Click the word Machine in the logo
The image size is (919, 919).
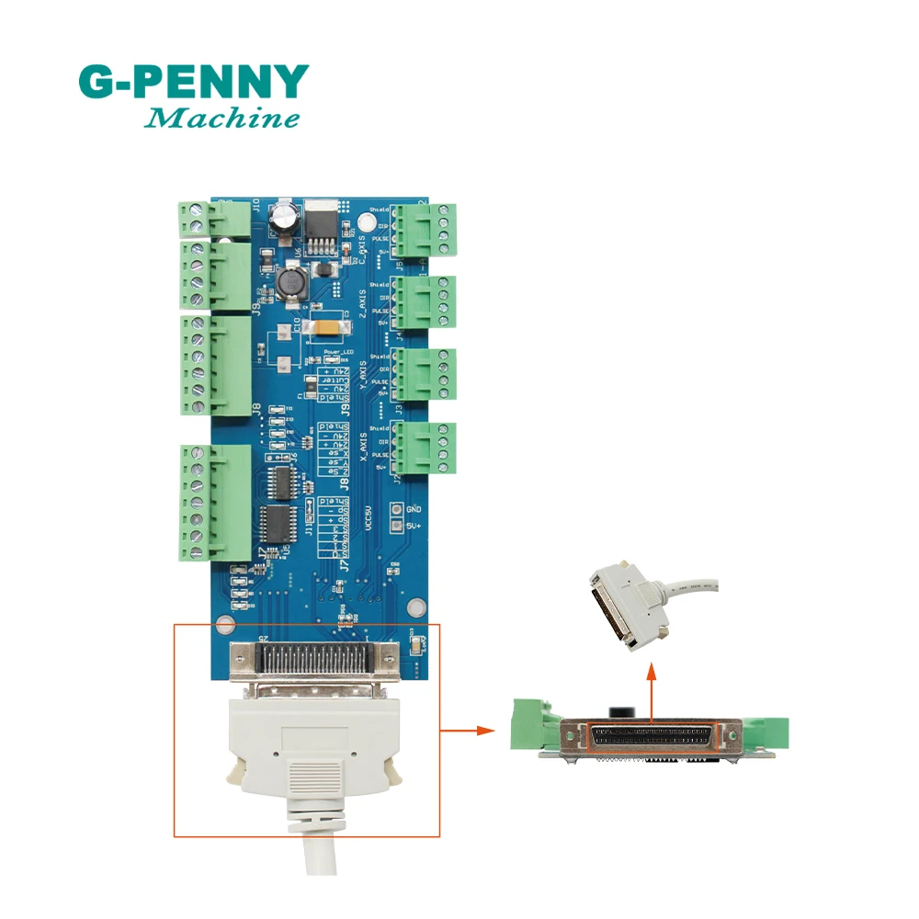coord(223,119)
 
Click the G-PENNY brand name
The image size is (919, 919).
coord(193,83)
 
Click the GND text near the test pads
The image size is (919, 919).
coord(414,508)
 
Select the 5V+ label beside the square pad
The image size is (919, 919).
coord(414,527)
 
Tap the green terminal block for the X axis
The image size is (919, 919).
coord(431,448)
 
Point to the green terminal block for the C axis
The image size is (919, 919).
coord(431,227)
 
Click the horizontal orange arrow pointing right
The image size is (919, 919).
coord(471,732)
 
